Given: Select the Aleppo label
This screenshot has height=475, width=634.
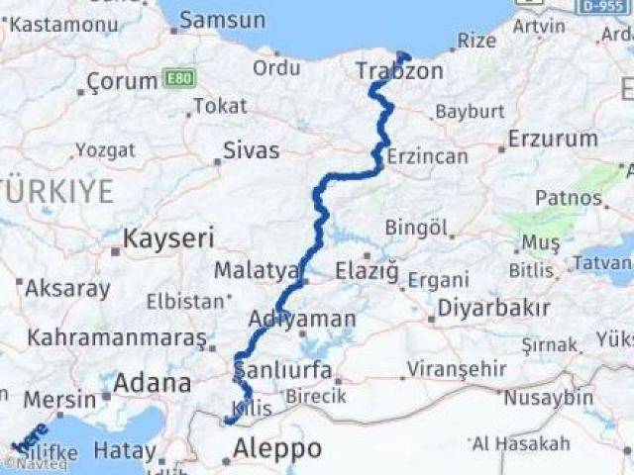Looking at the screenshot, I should pos(276,449).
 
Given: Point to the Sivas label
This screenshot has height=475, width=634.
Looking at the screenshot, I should pos(251,150).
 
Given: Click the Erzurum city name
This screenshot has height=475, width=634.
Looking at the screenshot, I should pos(552,139).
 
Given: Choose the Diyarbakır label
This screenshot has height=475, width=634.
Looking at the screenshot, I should pos(493,308).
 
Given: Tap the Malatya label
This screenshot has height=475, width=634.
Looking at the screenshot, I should pos(256,269).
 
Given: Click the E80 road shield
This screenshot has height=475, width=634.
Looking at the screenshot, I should pos(180,77).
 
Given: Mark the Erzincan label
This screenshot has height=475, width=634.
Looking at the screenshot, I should pos(426,156).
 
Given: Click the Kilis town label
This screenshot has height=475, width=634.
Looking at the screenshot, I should pos(252,409).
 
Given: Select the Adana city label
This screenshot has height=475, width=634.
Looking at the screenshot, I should pos(152,383).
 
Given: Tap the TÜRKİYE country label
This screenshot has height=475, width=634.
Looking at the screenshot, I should pos(56,192).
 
